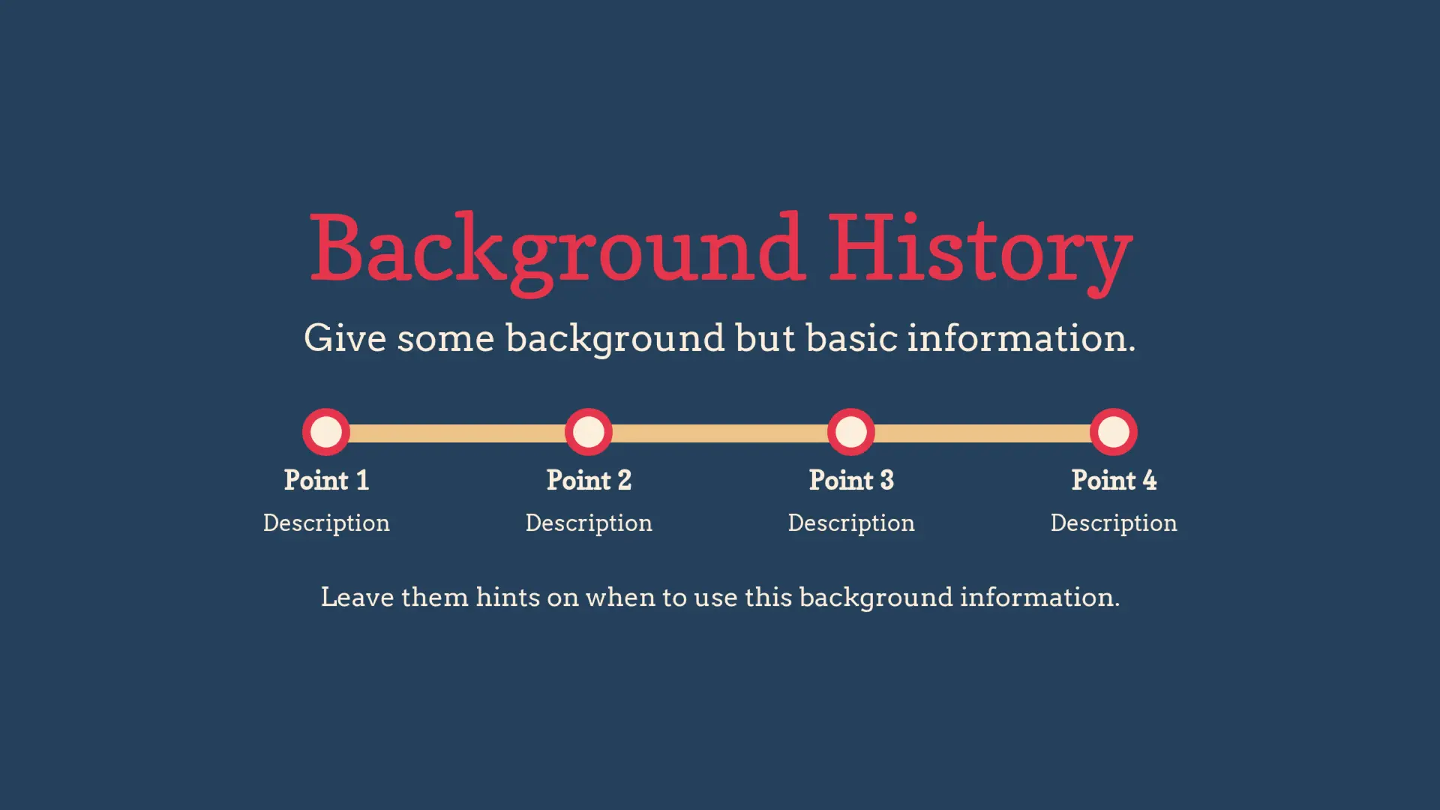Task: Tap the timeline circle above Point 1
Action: tap(326, 432)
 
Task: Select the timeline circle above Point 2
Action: tap(589, 432)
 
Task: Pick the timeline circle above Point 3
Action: tap(851, 432)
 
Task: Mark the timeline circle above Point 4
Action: tap(1114, 432)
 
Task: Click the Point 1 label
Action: tap(326, 480)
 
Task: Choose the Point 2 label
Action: tap(589, 480)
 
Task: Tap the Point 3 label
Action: tap(851, 480)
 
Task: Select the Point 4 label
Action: tap(1114, 480)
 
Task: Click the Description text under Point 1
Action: tap(326, 523)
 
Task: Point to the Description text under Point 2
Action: tap(589, 523)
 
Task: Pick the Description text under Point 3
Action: tap(851, 523)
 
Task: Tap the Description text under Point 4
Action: tap(1114, 523)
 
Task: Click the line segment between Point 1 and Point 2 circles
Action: tap(457, 433)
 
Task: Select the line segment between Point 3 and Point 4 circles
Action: tap(982, 433)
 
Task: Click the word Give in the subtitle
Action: tap(345, 337)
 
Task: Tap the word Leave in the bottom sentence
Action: tap(357, 597)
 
